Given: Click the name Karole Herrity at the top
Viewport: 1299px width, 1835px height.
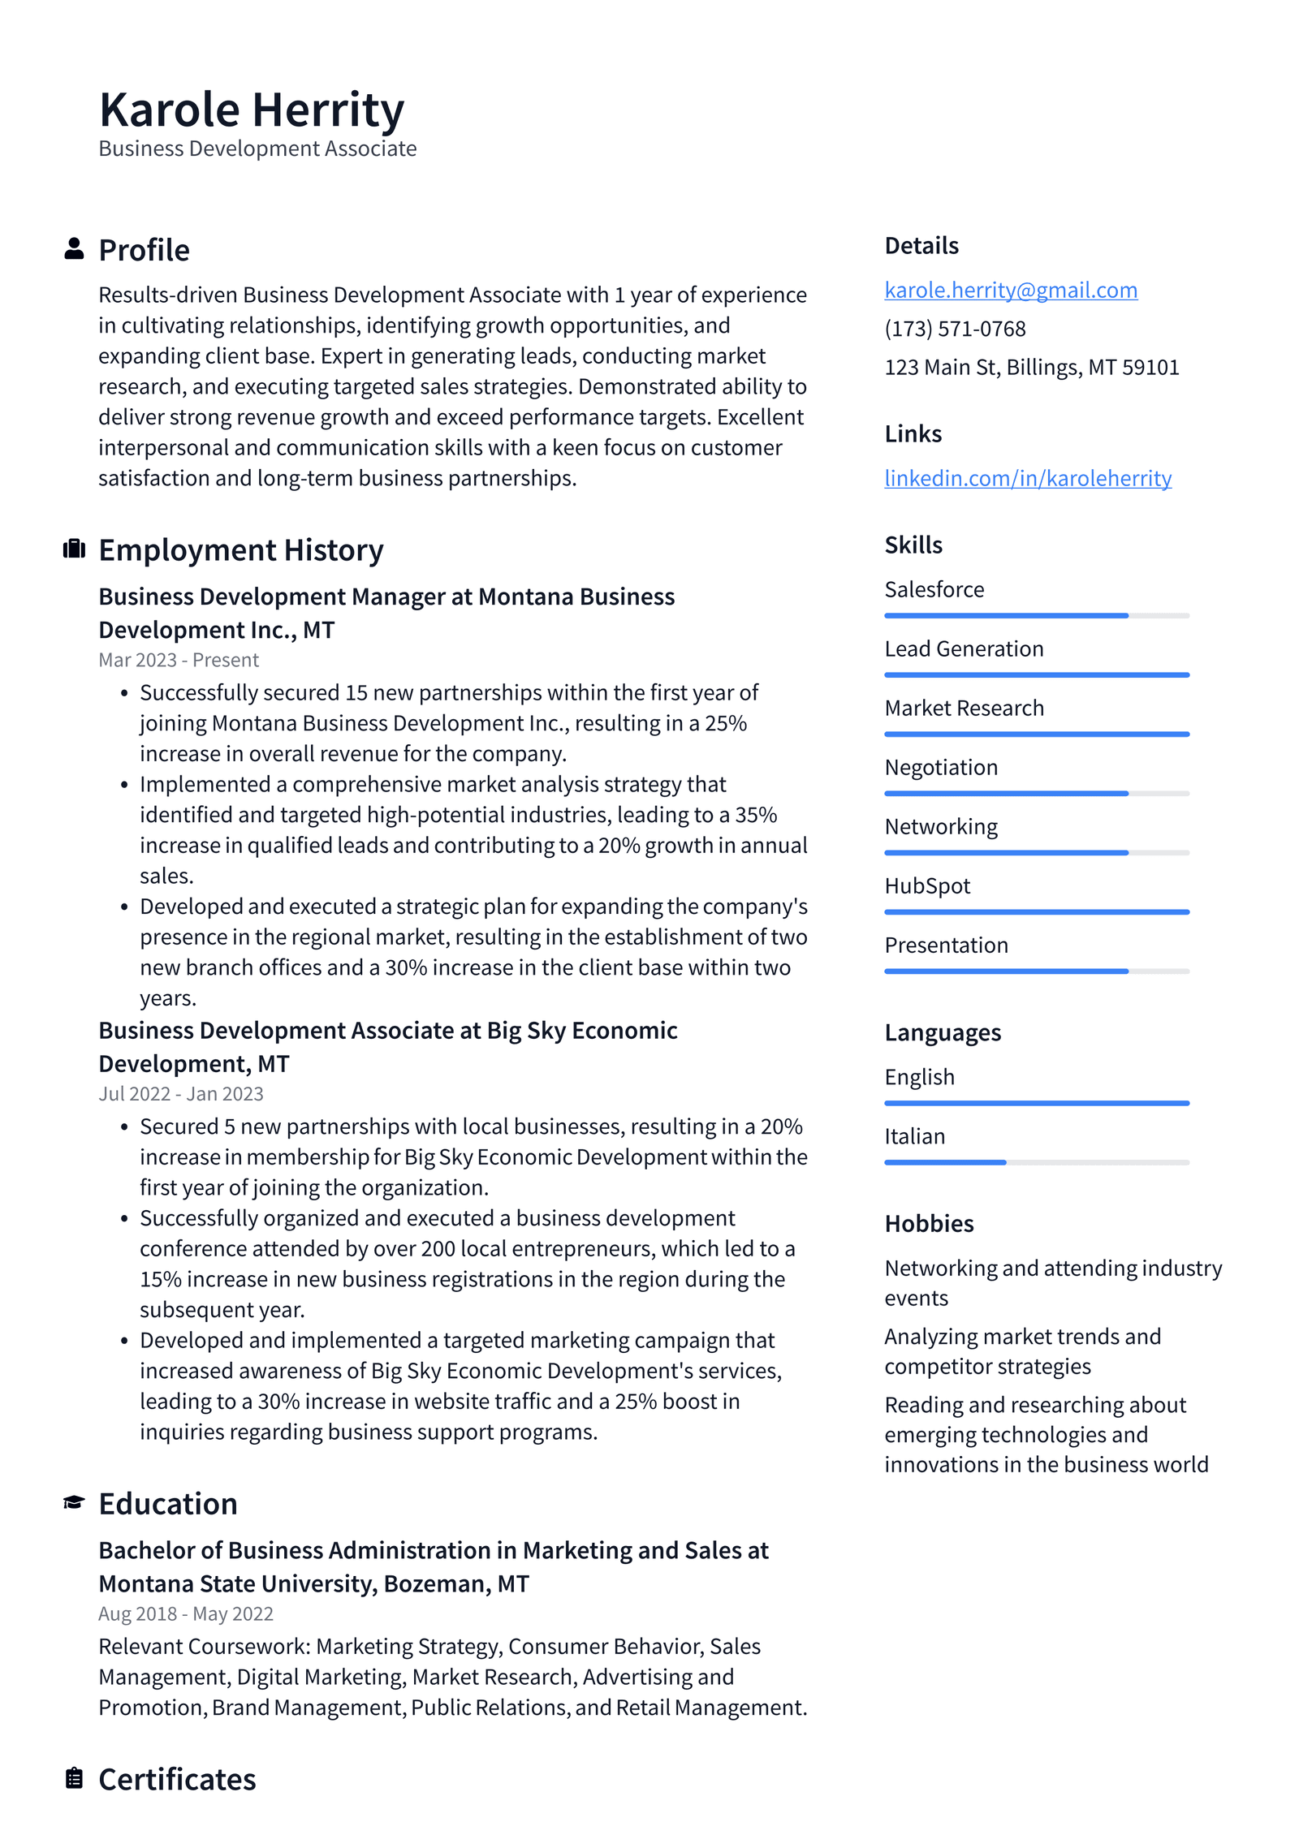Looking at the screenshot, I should click(251, 110).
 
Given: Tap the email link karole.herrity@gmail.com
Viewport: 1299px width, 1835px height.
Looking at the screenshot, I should click(1010, 290).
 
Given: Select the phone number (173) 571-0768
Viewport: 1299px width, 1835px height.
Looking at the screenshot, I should click(955, 329).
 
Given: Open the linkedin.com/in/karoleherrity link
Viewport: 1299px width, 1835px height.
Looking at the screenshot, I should click(1027, 478).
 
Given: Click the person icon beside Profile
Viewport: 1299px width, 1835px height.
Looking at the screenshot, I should click(74, 248).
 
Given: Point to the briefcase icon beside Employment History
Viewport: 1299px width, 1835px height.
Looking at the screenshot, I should click(74, 549).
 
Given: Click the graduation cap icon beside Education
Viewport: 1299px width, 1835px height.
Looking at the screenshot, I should click(74, 1502).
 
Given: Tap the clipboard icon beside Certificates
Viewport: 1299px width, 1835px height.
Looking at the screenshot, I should click(74, 1777).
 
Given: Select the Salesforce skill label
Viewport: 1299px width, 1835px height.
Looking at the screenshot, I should click(934, 589).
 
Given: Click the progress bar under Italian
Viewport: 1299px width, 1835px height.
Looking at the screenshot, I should click(1036, 1162).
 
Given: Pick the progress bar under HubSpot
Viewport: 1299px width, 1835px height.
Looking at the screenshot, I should click(1036, 912).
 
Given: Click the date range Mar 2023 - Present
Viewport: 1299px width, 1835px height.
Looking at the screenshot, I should click(179, 660).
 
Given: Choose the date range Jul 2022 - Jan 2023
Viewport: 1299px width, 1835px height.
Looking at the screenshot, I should click(181, 1093).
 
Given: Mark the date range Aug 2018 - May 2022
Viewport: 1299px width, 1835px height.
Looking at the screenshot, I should click(186, 1613).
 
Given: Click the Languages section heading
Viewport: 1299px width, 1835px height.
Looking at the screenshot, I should click(942, 1032).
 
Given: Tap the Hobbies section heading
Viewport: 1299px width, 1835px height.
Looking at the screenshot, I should click(929, 1223).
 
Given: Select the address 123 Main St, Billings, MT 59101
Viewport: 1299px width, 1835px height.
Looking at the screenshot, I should click(1031, 368).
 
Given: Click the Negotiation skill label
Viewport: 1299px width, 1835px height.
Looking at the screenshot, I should click(940, 767).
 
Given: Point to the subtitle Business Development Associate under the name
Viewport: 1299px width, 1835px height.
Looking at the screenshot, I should click(257, 149).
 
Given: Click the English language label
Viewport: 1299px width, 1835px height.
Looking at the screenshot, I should click(919, 1077).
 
